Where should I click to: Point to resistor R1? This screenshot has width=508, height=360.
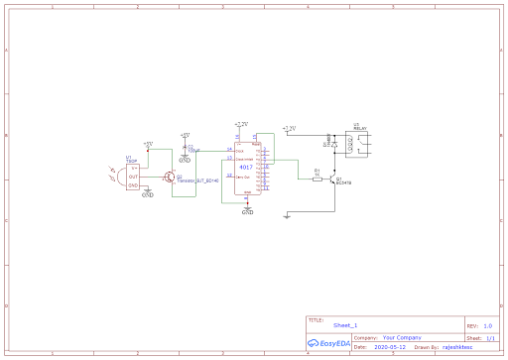(317, 180)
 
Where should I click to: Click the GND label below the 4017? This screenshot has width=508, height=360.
(247, 212)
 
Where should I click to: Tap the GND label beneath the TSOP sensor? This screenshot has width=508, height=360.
(148, 195)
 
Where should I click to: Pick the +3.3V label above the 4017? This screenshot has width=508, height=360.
(241, 124)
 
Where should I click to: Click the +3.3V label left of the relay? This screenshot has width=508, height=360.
(289, 128)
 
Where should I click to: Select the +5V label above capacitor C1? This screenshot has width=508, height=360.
(185, 134)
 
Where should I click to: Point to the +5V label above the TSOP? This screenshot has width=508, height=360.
(148, 144)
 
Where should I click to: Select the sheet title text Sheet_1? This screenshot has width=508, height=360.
(345, 325)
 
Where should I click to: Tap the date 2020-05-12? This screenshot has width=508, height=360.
(390, 348)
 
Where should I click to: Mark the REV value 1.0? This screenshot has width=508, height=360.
(487, 325)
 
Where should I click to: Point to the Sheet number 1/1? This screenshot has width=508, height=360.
(490, 337)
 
